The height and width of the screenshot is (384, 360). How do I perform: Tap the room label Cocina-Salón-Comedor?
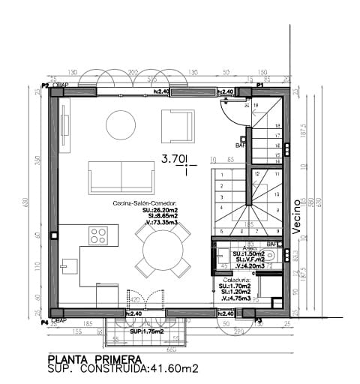tap(145, 203)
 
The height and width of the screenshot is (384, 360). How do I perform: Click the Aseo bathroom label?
tap(249, 247)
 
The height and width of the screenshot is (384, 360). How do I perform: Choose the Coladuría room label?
tap(236, 280)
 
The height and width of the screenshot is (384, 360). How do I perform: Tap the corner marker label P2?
tap(45, 85)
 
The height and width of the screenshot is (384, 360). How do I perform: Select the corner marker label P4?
tap(45, 322)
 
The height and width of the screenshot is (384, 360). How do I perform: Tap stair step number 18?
tap(277, 126)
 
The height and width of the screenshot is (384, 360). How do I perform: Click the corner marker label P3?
tap(258, 320)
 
